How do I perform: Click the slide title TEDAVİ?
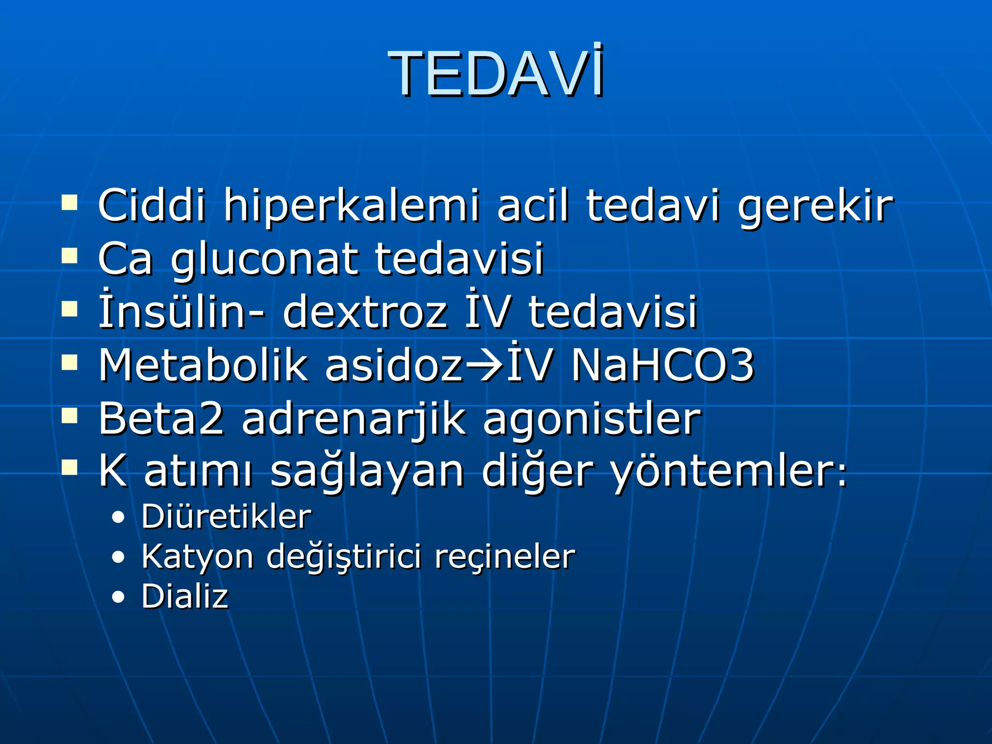[496, 74]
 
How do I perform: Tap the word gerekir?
[815, 206]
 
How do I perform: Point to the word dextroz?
[365, 311]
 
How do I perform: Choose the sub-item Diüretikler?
[226, 516]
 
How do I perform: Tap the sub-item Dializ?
[185, 596]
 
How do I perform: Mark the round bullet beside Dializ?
[118, 597]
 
